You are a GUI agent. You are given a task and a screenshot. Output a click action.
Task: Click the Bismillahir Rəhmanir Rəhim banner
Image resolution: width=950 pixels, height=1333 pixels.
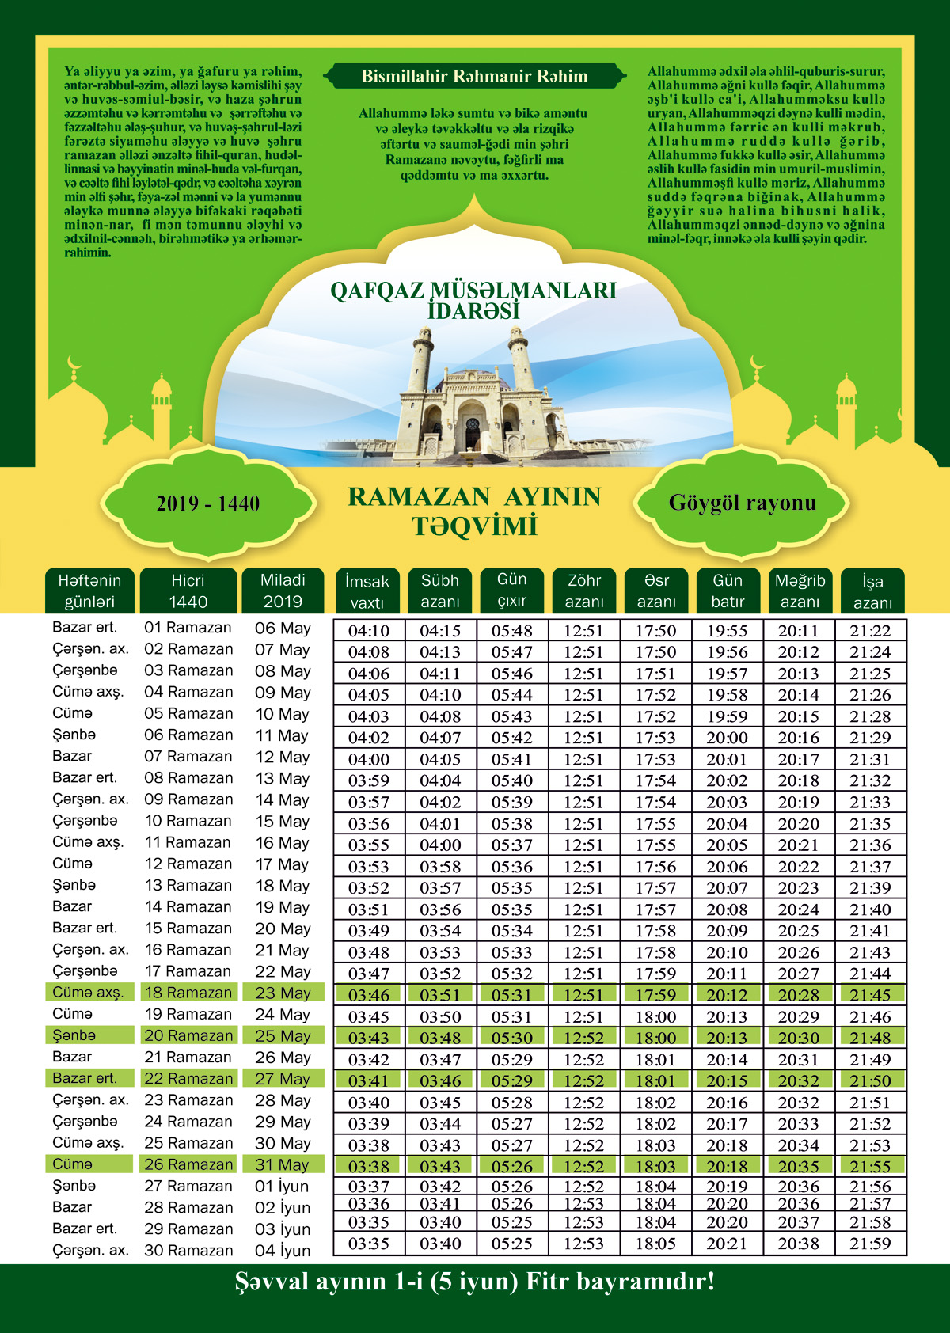coord(475,77)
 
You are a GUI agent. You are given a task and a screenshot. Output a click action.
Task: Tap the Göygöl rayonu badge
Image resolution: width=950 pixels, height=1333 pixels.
coord(742,503)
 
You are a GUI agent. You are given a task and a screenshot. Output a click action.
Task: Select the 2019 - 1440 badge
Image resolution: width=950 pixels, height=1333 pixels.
coord(207,504)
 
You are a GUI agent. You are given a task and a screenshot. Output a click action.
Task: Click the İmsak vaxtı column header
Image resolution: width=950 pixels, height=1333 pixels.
coord(367,591)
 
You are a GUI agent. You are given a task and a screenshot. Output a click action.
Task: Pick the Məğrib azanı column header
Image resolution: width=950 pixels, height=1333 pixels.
coord(800,591)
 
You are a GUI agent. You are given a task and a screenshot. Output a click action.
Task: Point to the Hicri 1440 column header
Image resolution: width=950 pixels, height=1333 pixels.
coord(188,591)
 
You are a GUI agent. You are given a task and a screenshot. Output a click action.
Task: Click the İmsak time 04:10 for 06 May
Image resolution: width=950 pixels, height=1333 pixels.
coord(369,631)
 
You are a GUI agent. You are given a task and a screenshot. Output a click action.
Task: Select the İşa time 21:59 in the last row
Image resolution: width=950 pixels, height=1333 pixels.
coord(870,1244)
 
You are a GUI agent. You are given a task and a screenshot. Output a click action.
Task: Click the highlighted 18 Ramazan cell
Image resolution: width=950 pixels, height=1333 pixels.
coord(188,993)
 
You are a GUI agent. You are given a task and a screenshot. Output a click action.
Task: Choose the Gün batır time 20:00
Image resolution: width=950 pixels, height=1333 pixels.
coord(727,738)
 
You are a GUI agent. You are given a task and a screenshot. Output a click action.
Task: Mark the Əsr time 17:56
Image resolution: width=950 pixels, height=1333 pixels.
coord(655,867)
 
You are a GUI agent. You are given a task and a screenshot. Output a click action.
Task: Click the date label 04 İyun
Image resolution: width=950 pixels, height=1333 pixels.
coord(283,1251)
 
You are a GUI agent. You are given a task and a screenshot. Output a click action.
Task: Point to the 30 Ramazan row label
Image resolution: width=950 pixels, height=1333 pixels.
coord(188,1251)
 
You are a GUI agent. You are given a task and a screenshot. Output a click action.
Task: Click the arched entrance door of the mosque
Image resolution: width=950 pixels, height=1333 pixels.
coord(473,431)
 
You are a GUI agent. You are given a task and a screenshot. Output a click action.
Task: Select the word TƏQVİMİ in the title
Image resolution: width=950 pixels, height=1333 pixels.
coord(474,526)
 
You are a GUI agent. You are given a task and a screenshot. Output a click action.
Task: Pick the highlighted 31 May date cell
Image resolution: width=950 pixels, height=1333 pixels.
coord(283,1164)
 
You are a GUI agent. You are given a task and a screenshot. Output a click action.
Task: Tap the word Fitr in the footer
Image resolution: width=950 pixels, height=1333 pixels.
coord(547,1282)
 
